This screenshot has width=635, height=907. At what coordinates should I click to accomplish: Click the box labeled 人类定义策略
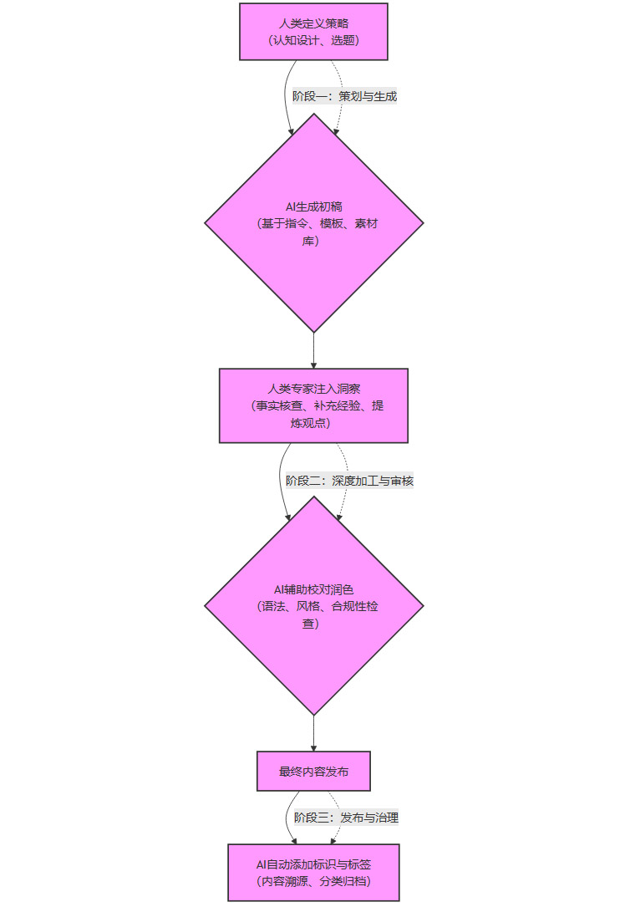pyautogui.click(x=313, y=32)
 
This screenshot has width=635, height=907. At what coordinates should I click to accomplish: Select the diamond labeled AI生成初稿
pyautogui.click(x=313, y=223)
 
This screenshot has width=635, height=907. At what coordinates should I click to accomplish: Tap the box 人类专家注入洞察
pyautogui.click(x=313, y=405)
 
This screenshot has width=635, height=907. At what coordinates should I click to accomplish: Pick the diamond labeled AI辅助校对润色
pyautogui.click(x=313, y=606)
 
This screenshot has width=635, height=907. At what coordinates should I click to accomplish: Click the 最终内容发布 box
pyautogui.click(x=313, y=772)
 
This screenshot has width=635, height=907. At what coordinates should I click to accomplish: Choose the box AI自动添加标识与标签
pyautogui.click(x=313, y=872)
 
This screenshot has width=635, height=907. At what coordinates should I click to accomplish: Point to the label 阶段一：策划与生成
pyautogui.click(x=344, y=96)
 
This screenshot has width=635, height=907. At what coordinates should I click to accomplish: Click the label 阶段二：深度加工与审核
pyautogui.click(x=349, y=481)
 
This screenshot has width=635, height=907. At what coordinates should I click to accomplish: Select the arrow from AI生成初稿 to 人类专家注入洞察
pyautogui.click(x=313, y=350)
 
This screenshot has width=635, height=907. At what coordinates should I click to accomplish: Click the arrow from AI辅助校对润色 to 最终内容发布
pyautogui.click(x=313, y=733)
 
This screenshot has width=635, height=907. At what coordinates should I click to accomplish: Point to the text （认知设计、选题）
pyautogui.click(x=313, y=40)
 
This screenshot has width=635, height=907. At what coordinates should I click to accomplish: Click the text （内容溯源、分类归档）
pyautogui.click(x=313, y=881)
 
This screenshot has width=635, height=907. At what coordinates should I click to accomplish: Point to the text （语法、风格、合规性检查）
pyautogui.click(x=317, y=614)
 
